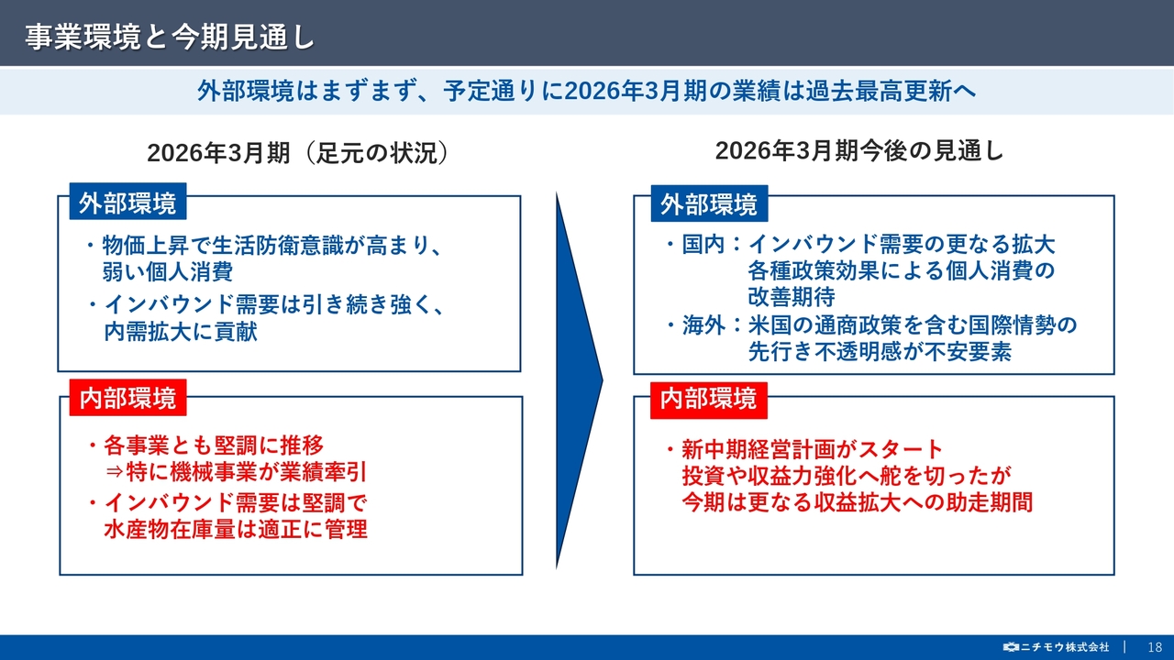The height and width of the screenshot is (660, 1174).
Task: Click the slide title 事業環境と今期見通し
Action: (170, 38)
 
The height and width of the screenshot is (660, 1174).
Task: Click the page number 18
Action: (1155, 647)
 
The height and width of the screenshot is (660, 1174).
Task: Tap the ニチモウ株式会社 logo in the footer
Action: (1056, 647)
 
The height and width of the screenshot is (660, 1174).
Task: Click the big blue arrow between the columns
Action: (579, 380)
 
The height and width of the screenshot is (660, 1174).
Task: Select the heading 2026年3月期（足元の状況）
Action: (297, 153)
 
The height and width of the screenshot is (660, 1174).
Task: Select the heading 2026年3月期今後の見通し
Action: (859, 151)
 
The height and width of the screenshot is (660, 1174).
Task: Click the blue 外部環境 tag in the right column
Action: (709, 203)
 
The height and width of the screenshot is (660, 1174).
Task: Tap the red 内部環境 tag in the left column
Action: (127, 398)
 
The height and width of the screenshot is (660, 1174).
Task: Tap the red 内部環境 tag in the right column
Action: (709, 401)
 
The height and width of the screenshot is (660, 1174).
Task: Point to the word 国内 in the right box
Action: (703, 245)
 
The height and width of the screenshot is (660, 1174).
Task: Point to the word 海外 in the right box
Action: (703, 325)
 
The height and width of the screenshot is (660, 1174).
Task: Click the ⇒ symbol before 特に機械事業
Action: (114, 472)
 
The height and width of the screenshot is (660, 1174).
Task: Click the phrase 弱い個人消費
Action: (168, 271)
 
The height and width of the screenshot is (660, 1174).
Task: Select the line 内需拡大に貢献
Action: (181, 331)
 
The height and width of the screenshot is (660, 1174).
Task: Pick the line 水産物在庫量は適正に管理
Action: (236, 529)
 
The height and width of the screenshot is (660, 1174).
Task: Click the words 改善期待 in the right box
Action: (792, 297)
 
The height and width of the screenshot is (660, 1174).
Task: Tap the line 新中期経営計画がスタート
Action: (813, 449)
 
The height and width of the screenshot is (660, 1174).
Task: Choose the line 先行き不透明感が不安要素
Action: (880, 351)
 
